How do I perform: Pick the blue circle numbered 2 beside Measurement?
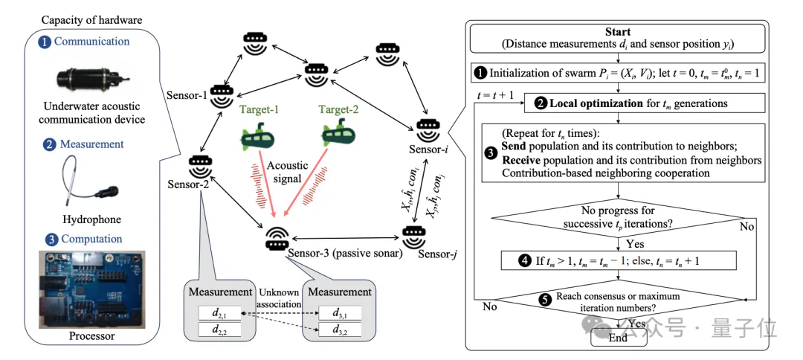tap(48, 144)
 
